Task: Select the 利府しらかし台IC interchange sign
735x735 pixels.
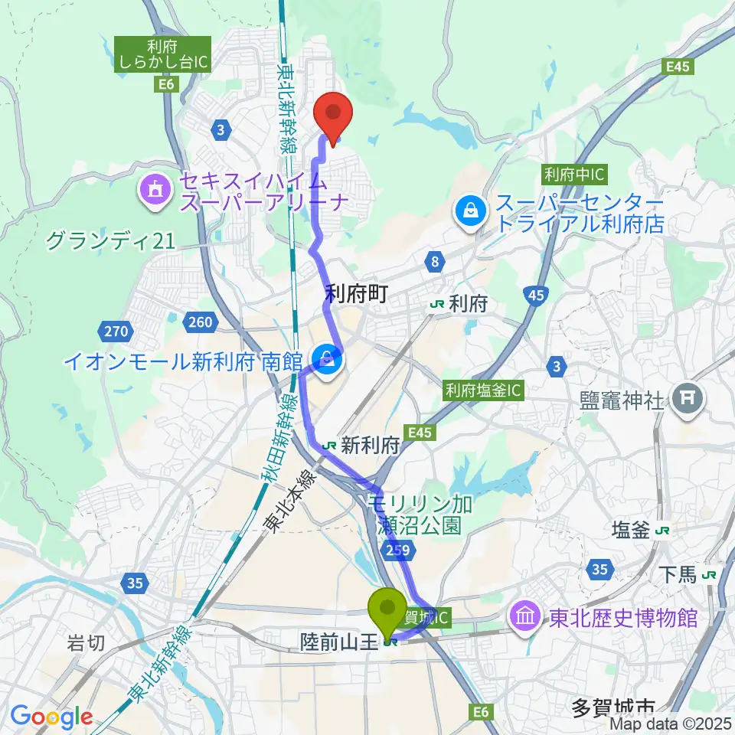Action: (162, 55)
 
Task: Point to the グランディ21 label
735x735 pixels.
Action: (110, 242)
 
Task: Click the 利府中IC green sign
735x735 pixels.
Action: (574, 175)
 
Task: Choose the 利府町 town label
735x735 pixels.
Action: (358, 293)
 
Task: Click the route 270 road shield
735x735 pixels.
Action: (115, 332)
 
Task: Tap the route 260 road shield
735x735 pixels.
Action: (199, 322)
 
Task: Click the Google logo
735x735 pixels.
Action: (51, 717)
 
